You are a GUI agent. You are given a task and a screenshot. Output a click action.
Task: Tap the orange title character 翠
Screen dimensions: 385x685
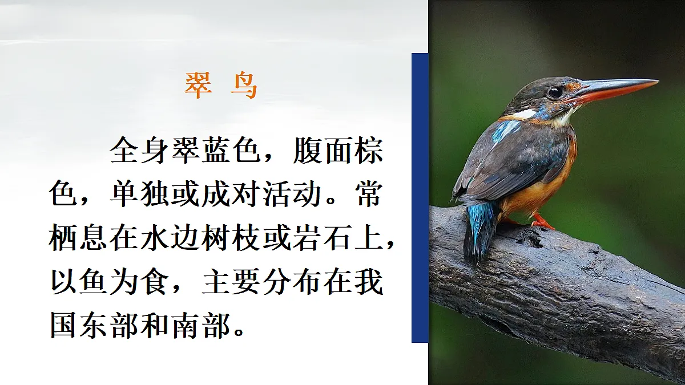[198, 86]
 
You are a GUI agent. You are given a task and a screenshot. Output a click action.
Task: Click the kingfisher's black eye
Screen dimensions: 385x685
[554, 92]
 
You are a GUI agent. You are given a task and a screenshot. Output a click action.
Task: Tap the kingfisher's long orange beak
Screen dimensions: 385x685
[616, 89]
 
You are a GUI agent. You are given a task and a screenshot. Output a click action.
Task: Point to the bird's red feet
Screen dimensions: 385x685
[541, 222]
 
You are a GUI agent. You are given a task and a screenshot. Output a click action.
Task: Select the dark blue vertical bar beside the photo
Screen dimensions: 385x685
[420, 197]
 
